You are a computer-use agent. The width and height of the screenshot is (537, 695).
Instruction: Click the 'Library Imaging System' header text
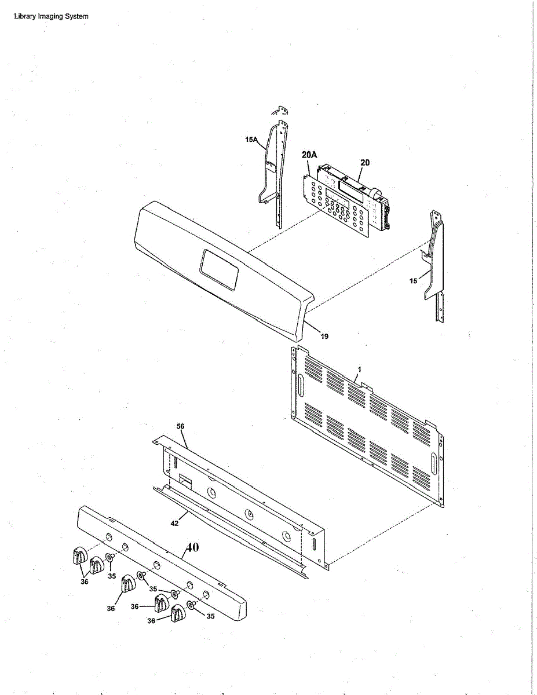(51, 16)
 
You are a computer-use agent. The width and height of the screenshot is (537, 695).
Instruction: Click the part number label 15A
(251, 140)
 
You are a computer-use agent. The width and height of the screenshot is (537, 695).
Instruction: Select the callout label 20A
(310, 155)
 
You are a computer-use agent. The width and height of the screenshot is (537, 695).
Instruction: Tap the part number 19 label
(324, 336)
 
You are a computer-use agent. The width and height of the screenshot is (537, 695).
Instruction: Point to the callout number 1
(359, 369)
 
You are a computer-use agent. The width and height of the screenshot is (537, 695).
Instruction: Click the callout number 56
(180, 426)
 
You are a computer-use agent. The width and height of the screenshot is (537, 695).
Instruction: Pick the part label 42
(174, 522)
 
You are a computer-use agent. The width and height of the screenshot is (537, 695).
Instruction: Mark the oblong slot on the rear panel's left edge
(301, 386)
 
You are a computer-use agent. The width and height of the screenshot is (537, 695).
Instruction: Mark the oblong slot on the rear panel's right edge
(433, 463)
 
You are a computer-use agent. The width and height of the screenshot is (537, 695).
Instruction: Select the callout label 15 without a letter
(413, 281)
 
